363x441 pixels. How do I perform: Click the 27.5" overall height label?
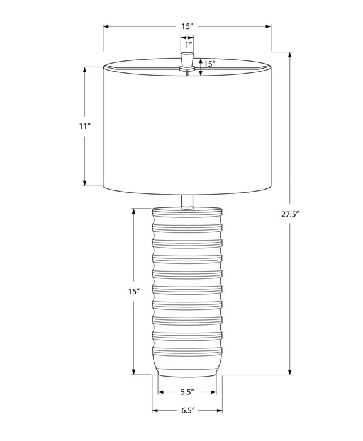coord(290,214)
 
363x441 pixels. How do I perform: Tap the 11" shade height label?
coord(85,126)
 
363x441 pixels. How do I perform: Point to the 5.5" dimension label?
coord(187,392)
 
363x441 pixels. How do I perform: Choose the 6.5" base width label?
coord(187,411)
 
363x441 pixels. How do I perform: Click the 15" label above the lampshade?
coord(187,26)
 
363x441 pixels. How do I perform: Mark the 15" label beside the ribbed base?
coord(133,292)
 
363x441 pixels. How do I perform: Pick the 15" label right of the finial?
coord(209,64)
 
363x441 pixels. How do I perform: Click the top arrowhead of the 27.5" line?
coord(290,54)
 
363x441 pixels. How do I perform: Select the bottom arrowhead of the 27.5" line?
coord(290,372)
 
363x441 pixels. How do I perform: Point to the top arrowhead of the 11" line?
coord(85,70)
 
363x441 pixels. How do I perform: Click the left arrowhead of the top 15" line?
coord(106,26)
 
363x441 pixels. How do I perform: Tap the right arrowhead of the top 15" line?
coord(269,26)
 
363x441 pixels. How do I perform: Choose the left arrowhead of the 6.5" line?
coord(155,411)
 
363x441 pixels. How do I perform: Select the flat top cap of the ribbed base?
coord(187,209)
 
